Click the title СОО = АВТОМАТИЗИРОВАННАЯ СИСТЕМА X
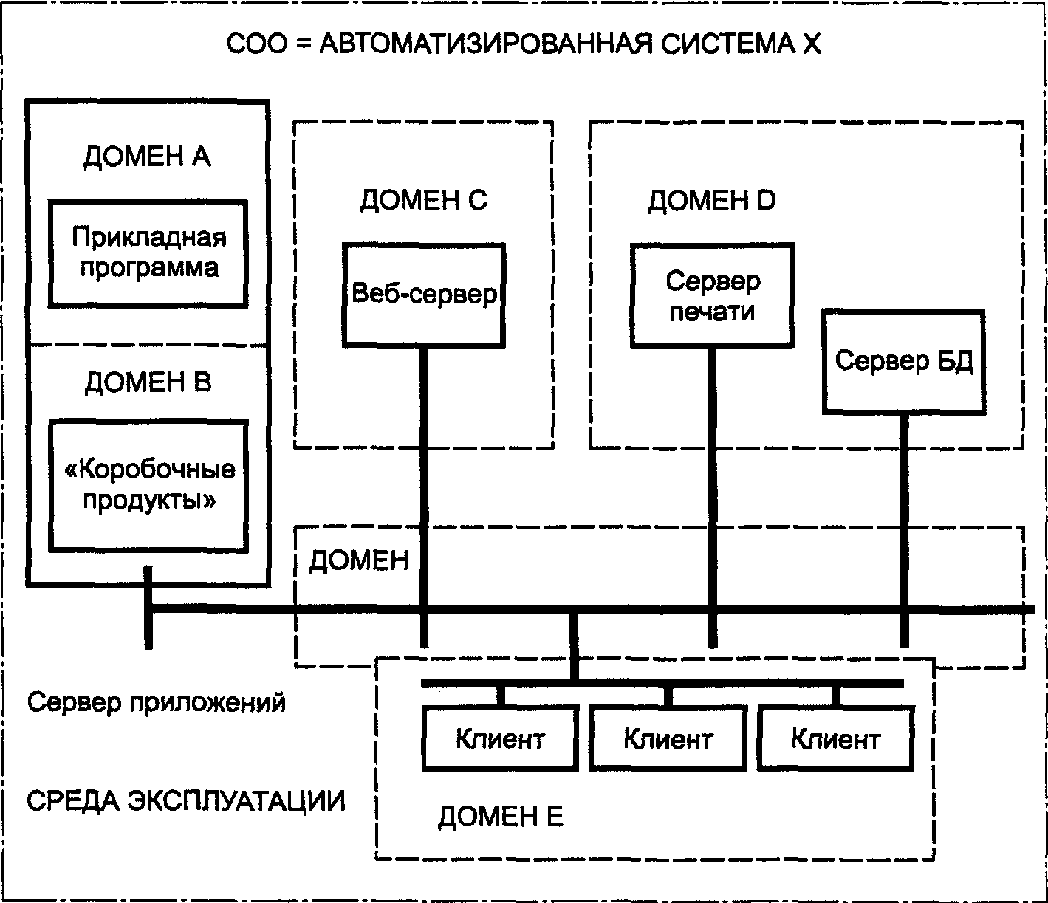523,44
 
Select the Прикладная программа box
148,253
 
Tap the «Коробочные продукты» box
148,486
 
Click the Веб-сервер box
424,295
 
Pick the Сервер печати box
712,295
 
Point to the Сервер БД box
904,362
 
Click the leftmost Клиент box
500,739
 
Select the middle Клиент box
668,739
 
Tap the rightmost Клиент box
835,739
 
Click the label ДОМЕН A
147,157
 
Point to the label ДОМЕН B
148,382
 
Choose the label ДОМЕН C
424,200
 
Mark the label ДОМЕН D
712,200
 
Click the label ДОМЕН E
501,817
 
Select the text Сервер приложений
156,703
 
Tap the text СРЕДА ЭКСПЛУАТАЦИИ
185,801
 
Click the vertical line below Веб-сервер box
425,498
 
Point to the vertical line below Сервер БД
904,531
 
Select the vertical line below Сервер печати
713,498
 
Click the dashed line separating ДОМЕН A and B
148,345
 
